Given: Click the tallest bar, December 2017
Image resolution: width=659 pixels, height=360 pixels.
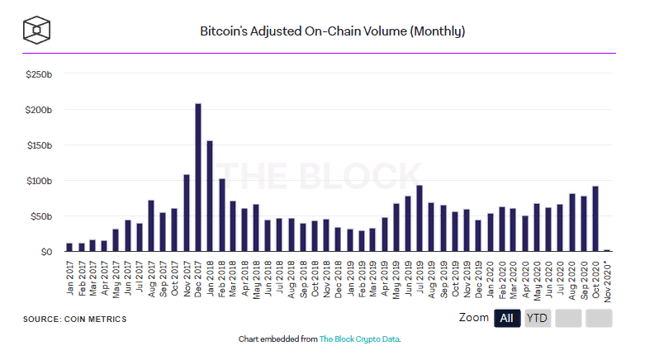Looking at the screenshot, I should coord(198,178).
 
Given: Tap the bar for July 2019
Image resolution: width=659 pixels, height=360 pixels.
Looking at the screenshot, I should coord(420,219).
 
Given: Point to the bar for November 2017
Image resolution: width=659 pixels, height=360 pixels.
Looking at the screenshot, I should coord(187,213).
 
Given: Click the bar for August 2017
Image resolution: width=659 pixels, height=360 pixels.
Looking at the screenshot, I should coord(151,226).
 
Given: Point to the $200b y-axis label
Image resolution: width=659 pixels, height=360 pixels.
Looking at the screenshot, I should coord(40,110).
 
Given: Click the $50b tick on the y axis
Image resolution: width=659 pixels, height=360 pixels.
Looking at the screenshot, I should coord(41,216).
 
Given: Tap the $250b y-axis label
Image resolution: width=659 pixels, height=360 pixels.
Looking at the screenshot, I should coord(40,74).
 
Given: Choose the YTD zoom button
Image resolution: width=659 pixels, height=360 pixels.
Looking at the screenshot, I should coord(538,319).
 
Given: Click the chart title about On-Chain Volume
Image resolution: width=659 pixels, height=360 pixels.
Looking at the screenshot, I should coord(333,32).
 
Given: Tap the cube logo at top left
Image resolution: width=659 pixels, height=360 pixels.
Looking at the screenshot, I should coord(37,31).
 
